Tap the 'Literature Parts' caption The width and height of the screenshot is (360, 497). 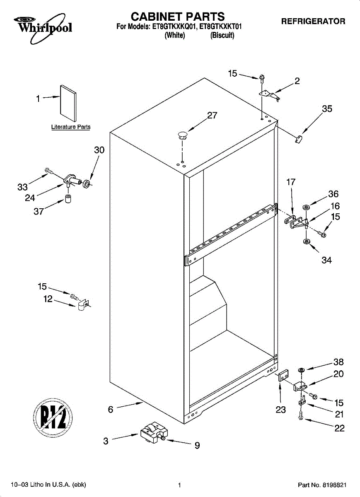pyautogui.click(x=71, y=127)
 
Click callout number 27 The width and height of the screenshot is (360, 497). pyautogui.click(x=212, y=116)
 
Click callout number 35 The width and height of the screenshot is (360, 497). pyautogui.click(x=327, y=109)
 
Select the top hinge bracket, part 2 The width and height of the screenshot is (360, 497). pyautogui.click(x=270, y=95)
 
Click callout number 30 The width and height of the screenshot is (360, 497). pyautogui.click(x=99, y=150)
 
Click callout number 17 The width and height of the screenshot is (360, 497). pyautogui.click(x=291, y=182)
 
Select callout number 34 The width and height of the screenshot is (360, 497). pyautogui.click(x=326, y=260)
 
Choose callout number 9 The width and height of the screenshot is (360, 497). pyautogui.click(x=197, y=446)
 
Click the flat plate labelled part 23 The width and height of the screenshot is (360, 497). pyautogui.click(x=283, y=376)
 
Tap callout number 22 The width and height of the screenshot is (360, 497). pyautogui.click(x=339, y=428)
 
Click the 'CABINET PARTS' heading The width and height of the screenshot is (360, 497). pyautogui.click(x=178, y=17)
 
